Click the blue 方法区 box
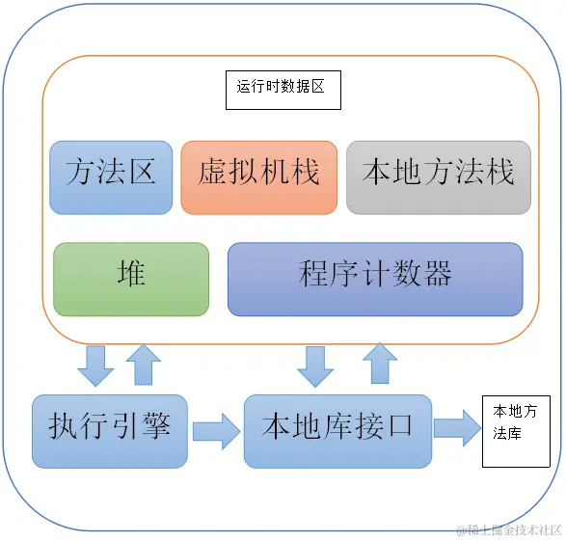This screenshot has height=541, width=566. pyautogui.click(x=111, y=176)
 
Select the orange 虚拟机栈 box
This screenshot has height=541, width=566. pyautogui.click(x=258, y=176)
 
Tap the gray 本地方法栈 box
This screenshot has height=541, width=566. pyautogui.click(x=438, y=176)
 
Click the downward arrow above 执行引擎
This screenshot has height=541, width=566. pyautogui.click(x=95, y=365)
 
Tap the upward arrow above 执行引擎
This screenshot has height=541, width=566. pyautogui.click(x=143, y=365)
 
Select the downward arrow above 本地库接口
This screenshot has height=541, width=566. pyautogui.click(x=315, y=365)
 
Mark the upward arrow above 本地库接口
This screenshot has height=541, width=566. pyautogui.click(x=379, y=365)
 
